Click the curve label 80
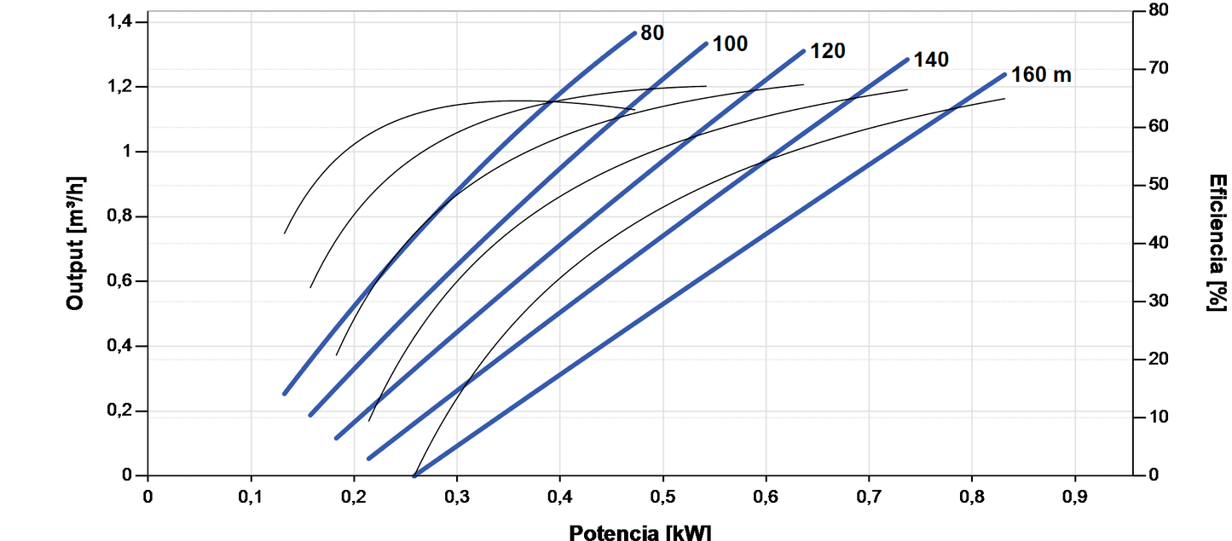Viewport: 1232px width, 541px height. [652, 33]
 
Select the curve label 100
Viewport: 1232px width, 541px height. [730, 43]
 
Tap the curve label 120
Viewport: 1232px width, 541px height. [827, 51]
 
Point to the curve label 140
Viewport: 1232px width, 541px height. [931, 60]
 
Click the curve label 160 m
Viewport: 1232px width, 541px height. [1041, 75]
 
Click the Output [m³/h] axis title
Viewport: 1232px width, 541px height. [76, 248]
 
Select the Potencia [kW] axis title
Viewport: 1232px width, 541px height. [639, 532]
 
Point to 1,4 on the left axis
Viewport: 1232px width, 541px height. [124, 21]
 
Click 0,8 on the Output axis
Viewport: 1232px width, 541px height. [124, 216]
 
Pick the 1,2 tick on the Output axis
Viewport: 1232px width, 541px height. [124, 87]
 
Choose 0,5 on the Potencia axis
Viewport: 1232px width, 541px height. [662, 495]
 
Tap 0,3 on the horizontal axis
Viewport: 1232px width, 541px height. [456, 495]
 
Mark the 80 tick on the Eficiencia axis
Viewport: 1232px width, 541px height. [1158, 10]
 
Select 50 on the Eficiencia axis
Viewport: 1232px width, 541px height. [1158, 185]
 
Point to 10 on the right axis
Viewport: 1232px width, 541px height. [1158, 417]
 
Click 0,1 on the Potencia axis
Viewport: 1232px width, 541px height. [251, 495]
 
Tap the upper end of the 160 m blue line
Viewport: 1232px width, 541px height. [1004, 74]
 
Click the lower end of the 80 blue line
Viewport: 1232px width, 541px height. [285, 393]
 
